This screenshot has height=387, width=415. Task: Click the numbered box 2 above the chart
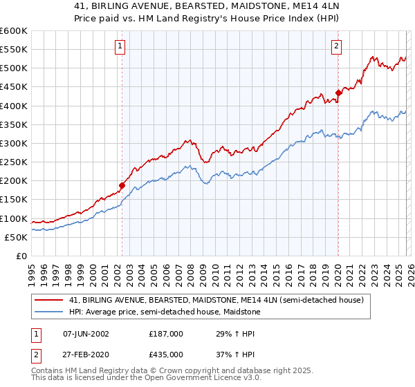[336, 46]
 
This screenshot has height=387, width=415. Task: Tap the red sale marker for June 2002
[122, 185]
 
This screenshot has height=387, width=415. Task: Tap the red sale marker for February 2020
[338, 93]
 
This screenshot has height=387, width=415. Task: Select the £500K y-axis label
[14, 68]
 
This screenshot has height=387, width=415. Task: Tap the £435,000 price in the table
[166, 354]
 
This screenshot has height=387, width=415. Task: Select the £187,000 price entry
[166, 333]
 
